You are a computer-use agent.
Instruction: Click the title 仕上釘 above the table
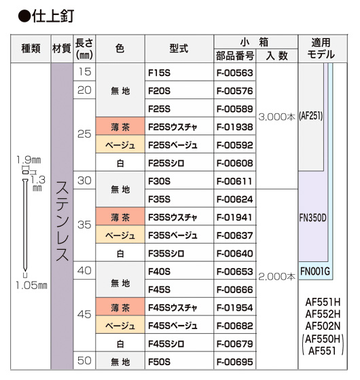pos(53,16)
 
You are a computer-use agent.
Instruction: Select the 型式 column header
pos(179,48)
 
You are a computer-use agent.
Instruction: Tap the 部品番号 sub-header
pos(235,56)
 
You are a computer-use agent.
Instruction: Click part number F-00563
pos(234,73)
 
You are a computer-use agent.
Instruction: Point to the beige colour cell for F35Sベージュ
pos(120,235)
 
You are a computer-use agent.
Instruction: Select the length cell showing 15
pos(84,72)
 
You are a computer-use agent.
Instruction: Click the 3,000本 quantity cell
pos(277,117)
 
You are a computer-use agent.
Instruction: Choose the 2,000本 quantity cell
pos(277,277)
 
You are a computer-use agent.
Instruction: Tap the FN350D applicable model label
pos(312,218)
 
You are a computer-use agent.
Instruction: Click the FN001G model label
pos(315,271)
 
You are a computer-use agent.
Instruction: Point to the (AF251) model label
pos(311,116)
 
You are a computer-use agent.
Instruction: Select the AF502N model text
pos(323,326)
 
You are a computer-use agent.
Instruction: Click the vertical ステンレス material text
pos(62,221)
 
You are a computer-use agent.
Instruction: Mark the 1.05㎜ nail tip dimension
pos(31,286)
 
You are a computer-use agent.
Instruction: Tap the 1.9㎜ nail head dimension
pos(29,160)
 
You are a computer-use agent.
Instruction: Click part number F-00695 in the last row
pos(234,362)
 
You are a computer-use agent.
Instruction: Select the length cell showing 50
pos(84,360)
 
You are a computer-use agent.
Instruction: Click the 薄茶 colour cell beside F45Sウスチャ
pos(120,307)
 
